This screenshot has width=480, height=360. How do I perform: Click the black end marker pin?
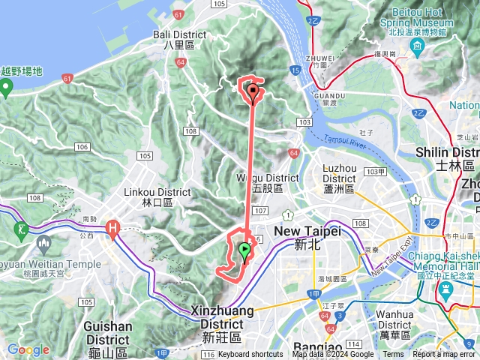253,93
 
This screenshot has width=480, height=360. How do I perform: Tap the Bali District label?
174,39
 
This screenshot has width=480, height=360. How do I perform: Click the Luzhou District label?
340,183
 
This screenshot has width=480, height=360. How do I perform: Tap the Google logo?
28,350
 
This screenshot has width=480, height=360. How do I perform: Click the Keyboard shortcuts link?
250,355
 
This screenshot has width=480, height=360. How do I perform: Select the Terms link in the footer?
393,355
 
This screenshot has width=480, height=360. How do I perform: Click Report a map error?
444,355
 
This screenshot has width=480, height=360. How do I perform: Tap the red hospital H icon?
113,226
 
